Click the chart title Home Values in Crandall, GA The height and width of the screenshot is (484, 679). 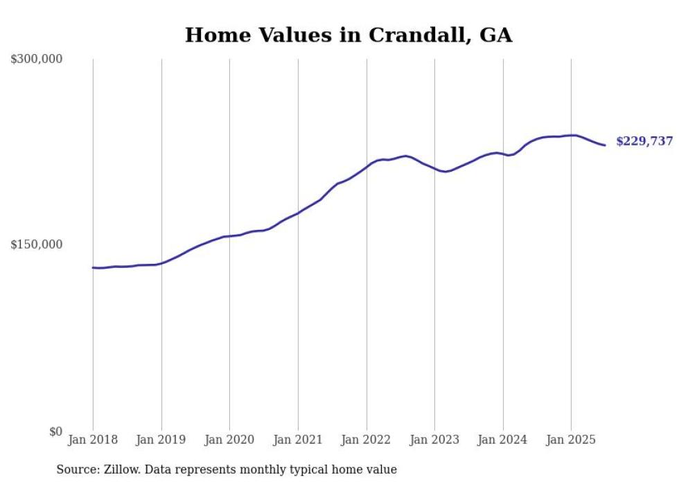coord(349,35)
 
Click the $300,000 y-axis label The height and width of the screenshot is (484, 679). coord(37,60)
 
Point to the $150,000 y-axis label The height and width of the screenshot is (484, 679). coord(37,245)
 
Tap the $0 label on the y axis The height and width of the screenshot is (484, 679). coord(55,431)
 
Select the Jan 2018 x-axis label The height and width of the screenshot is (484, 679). coord(93,440)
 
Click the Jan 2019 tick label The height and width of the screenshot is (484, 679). coord(161,440)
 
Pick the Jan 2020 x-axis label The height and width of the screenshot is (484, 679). coord(230,440)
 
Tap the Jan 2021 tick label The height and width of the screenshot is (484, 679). coord(298,440)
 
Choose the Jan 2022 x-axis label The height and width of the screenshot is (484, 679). coord(367,440)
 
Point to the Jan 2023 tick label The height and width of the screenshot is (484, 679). coord(434,440)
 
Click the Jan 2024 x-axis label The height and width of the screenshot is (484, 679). coord(503,440)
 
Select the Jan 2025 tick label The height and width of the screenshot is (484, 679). coord(571,440)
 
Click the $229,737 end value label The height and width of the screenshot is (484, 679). coord(644,141)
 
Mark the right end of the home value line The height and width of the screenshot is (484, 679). coord(605,145)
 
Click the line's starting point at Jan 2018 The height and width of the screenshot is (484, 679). coord(93,267)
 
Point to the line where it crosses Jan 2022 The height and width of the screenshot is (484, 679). coord(367,165)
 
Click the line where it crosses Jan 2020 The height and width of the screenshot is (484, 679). coord(230,236)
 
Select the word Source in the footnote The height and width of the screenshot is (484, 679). coord(76,469)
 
